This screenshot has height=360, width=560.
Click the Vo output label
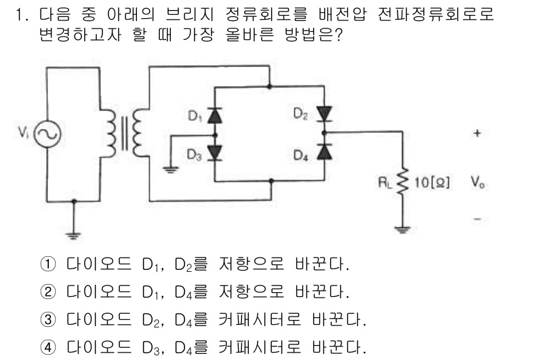click(477, 182)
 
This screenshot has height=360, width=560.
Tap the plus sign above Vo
click(477, 134)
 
